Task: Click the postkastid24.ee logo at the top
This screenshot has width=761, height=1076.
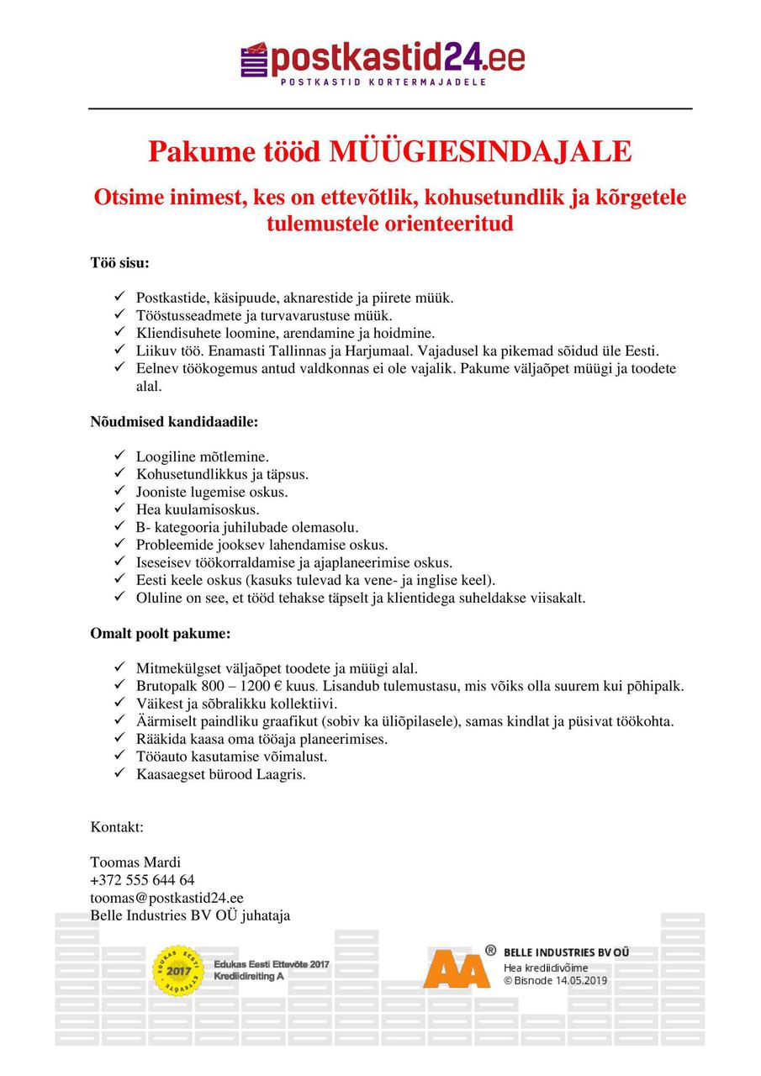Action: pos(383,59)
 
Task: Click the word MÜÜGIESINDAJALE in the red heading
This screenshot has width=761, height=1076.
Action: pos(480,152)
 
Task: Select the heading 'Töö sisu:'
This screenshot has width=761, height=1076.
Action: pos(119,262)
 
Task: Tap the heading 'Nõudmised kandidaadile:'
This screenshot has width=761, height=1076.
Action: pos(174,421)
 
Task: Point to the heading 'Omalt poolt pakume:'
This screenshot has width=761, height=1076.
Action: pos(160,633)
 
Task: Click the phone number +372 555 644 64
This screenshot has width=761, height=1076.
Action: pos(142,880)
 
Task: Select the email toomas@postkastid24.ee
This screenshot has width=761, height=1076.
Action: pos(166,898)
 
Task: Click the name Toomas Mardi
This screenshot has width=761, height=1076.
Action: pos(135,862)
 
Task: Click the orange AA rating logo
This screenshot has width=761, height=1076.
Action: pos(456,968)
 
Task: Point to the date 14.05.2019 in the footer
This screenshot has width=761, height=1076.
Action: pos(580,980)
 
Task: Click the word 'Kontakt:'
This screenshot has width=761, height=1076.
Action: pos(117,827)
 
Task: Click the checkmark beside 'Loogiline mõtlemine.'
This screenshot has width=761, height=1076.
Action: pos(119,456)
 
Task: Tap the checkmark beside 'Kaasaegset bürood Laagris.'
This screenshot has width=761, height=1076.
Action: pos(119,774)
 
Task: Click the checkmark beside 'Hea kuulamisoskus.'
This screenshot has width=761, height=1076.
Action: pos(119,509)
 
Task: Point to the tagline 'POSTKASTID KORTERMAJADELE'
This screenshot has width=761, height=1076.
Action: pos(383,82)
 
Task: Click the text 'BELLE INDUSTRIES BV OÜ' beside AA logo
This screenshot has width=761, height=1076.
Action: pos(566,952)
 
